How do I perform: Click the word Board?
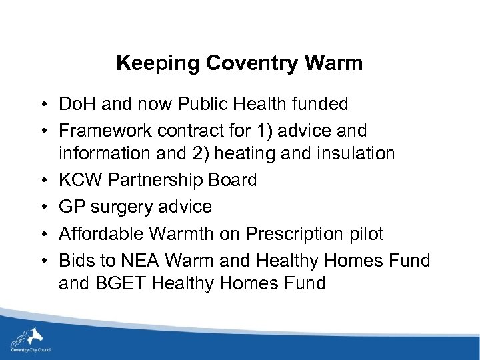tap(231, 181)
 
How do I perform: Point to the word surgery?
tap(124, 207)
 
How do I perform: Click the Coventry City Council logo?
tap(31, 339)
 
